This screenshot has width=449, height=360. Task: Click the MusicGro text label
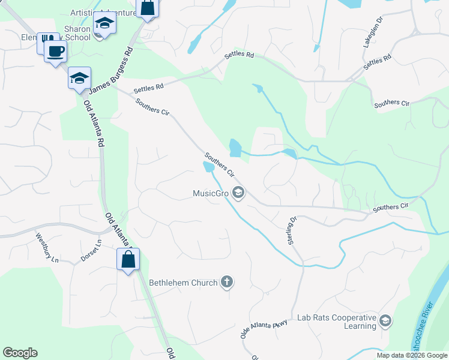[x=211, y=193]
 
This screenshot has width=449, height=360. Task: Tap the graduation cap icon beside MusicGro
[x=238, y=193]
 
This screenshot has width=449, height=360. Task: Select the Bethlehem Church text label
[x=183, y=282]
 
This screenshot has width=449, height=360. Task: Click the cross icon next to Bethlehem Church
[x=226, y=282]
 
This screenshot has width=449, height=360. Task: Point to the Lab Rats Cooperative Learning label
[x=336, y=322]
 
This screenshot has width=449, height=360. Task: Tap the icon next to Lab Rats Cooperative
[x=385, y=322]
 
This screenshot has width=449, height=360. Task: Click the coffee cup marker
[x=56, y=51]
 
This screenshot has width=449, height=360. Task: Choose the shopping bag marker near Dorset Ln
[x=128, y=260]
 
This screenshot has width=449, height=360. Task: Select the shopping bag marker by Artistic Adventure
[x=147, y=8]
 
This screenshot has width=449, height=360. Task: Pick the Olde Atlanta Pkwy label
[x=264, y=329]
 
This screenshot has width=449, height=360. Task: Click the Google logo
[x=20, y=353]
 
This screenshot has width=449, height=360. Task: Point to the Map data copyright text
[x=411, y=355]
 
